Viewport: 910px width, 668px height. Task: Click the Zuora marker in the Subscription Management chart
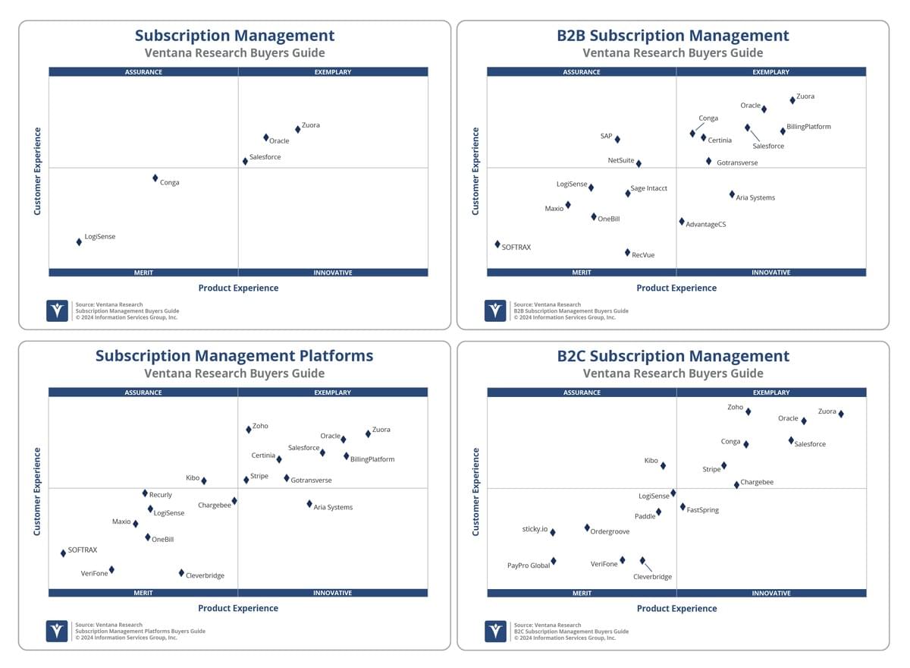[x=298, y=130]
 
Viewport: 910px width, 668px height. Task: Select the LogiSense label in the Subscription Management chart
[x=100, y=237]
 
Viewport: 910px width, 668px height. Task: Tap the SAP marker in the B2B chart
[x=618, y=140]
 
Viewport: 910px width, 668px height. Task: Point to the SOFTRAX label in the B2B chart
[x=516, y=247]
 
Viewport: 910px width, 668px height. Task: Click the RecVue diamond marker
[x=628, y=253]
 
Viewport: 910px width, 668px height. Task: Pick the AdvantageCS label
[x=707, y=225]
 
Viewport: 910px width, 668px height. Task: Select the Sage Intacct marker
[x=629, y=194]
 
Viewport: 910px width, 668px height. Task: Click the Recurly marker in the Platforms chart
[x=145, y=493]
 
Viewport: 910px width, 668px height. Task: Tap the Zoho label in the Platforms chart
[x=260, y=426]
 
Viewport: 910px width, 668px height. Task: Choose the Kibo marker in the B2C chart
[x=664, y=466]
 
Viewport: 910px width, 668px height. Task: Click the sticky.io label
[x=535, y=529]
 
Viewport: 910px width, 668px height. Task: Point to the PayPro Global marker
[x=554, y=562]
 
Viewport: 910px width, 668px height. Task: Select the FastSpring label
[x=703, y=510]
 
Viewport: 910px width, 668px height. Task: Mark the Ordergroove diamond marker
[x=588, y=528]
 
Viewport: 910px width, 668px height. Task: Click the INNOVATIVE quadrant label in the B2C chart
[x=772, y=594]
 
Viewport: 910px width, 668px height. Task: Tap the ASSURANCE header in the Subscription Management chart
[x=143, y=72]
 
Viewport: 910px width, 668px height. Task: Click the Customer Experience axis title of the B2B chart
[x=475, y=171]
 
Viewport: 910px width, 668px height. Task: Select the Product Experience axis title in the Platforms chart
[x=238, y=609]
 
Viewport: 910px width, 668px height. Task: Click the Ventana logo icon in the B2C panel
[x=496, y=632]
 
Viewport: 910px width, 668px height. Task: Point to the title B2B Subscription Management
[x=673, y=36]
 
